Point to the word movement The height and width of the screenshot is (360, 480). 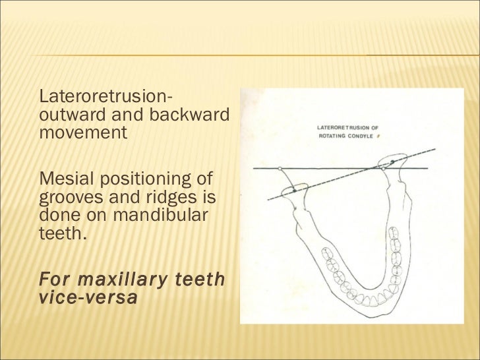tap(82, 133)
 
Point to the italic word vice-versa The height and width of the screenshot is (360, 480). tap(89, 297)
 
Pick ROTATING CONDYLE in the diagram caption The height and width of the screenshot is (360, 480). tap(347, 135)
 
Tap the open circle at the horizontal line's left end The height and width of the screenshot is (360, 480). tap(280, 168)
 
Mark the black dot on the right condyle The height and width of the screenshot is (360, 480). tap(393, 161)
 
